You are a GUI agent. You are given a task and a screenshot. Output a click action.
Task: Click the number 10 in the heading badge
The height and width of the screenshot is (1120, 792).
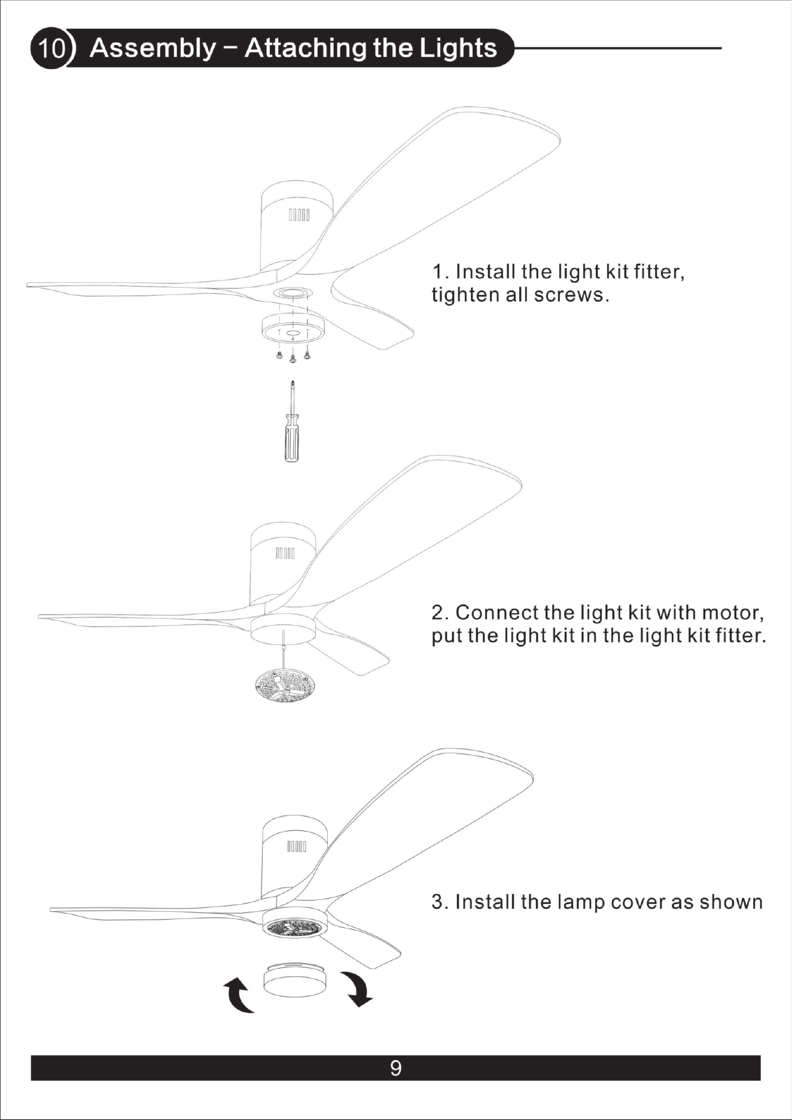(51, 48)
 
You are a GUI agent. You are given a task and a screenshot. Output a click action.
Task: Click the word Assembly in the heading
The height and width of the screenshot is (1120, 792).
(153, 48)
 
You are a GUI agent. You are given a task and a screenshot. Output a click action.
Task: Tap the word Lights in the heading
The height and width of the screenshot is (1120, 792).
(458, 48)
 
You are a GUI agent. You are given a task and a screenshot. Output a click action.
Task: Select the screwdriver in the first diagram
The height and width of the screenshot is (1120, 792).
(291, 421)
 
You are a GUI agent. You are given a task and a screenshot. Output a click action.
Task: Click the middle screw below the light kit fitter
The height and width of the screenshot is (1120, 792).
(293, 359)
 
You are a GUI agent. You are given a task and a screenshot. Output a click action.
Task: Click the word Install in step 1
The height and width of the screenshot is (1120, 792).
(486, 272)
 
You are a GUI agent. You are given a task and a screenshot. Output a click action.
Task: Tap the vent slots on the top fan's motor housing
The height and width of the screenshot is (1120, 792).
(299, 215)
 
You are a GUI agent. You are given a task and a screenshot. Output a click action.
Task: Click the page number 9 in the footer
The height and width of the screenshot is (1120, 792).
(395, 1068)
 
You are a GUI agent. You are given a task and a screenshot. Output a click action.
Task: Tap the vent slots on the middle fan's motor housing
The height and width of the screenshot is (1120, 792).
(285, 553)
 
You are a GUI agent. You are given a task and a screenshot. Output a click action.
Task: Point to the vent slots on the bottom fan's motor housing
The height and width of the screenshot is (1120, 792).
(297, 847)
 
